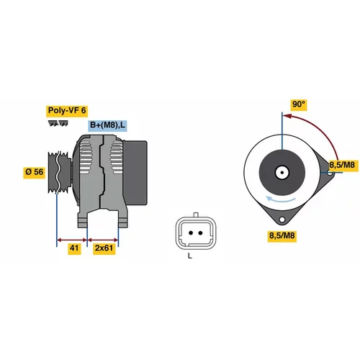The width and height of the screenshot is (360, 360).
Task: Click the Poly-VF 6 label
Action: pyautogui.click(x=67, y=111)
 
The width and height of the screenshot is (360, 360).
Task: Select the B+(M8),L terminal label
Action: pyautogui.click(x=107, y=125)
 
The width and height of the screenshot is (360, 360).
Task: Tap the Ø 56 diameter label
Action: pyautogui.click(x=35, y=172)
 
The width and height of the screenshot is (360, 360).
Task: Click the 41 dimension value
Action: pyautogui.click(x=74, y=248)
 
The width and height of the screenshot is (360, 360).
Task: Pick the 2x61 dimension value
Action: pyautogui.click(x=104, y=248)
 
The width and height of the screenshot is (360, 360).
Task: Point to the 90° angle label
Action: pyautogui.click(x=299, y=104)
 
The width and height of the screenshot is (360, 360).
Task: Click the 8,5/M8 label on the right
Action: pyautogui.click(x=342, y=165)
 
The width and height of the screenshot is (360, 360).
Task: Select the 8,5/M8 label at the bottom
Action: pyautogui.click(x=282, y=235)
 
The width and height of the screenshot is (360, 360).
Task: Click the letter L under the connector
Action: pyautogui.click(x=190, y=256)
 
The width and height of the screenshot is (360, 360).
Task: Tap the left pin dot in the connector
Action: pyautogui.click(x=191, y=233)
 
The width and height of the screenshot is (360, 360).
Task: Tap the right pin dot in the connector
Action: pyautogui.click(x=200, y=233)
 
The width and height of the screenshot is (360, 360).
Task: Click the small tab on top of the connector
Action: pyautogui.click(x=196, y=215)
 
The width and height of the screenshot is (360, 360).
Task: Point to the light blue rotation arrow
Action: pyautogui.click(x=281, y=200)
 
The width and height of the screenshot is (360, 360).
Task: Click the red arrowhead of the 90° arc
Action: pyautogui.click(x=287, y=116)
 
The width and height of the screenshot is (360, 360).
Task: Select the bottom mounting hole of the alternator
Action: pyautogui.click(x=282, y=220)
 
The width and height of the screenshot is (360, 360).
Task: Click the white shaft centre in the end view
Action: pyautogui.click(x=282, y=172)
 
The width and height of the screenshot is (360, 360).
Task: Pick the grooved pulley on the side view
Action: pyautogui.click(x=60, y=172)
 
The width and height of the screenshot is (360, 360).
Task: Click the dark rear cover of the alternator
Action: pyautogui.click(x=135, y=173)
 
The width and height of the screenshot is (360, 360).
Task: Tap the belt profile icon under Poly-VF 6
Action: pyautogui.click(x=58, y=124)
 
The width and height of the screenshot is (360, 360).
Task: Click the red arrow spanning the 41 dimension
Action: pyautogui.click(x=72, y=240)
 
